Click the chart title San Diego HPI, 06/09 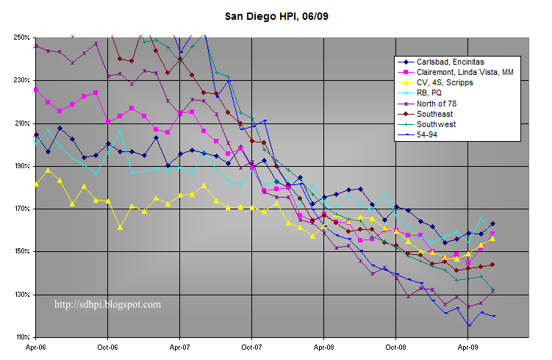click(276, 14)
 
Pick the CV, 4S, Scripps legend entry click(445, 83)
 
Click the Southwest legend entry click(438, 125)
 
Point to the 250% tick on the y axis click(21, 37)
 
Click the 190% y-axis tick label click(21, 166)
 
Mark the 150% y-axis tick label click(21, 252)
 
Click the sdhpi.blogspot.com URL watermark click(108, 303)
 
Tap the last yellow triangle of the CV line click(492, 238)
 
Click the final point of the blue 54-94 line click(493, 316)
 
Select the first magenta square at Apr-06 click(36, 90)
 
